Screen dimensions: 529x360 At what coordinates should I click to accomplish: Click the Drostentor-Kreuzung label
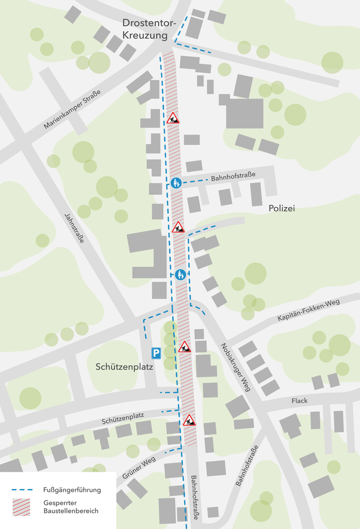[145, 29]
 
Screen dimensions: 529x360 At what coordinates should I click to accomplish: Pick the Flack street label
[299, 401]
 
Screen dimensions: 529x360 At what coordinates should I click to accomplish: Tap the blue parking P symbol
[156, 352]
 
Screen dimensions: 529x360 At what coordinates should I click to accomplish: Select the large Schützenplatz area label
[125, 367]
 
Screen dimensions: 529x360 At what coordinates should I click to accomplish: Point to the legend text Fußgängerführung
[71, 489]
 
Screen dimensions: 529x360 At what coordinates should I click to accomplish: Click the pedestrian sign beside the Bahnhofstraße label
[177, 183]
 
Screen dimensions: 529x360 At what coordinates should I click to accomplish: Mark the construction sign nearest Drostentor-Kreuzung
[173, 118]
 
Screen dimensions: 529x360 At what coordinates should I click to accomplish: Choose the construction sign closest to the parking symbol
[184, 347]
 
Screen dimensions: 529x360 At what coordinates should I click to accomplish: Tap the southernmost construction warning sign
[189, 420]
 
